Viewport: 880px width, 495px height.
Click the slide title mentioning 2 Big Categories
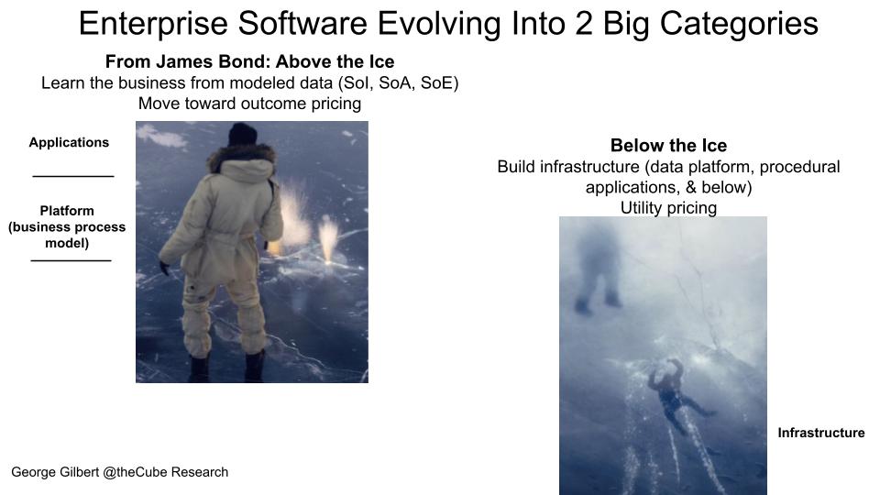pos(448,24)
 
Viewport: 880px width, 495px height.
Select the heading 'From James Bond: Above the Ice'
pos(249,61)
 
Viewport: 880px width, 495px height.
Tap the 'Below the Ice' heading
pos(668,146)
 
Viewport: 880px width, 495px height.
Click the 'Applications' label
pos(69,143)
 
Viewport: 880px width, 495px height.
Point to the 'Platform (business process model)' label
pos(67,226)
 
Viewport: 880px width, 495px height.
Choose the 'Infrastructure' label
pos(821,433)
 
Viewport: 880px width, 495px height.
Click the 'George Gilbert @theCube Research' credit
pos(119,472)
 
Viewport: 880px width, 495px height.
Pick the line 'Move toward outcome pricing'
pos(249,104)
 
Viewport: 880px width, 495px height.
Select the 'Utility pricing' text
pos(668,208)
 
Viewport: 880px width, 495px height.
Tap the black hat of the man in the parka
pos(242,135)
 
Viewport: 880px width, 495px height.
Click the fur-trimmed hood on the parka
pos(242,159)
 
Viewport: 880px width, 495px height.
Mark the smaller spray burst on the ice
pos(328,239)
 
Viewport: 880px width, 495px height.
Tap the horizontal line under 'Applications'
pos(73,176)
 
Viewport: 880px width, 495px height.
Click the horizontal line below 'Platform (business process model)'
pos(71,260)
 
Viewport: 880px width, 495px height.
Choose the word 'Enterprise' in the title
pos(153,24)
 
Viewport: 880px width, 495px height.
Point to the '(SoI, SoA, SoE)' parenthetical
pos(398,83)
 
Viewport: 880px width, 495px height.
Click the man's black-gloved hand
pos(164,268)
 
